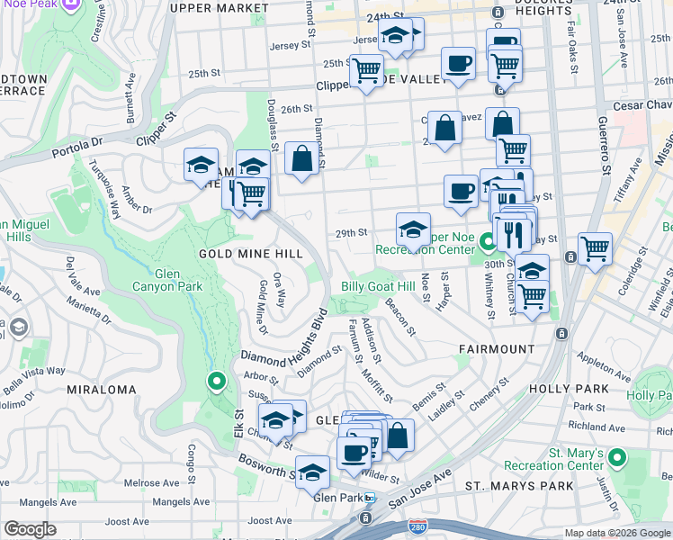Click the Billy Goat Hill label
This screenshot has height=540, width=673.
[x=378, y=286]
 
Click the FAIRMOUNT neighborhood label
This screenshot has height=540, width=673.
[x=496, y=347]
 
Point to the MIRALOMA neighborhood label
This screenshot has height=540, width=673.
[x=102, y=390]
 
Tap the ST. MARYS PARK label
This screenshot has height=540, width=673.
[x=519, y=486]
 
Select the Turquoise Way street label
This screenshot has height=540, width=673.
[x=104, y=189]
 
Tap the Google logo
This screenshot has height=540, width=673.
[x=31, y=528]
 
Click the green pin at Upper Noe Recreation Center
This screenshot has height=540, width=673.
[x=488, y=242]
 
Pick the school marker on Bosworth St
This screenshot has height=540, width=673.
[x=313, y=472]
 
